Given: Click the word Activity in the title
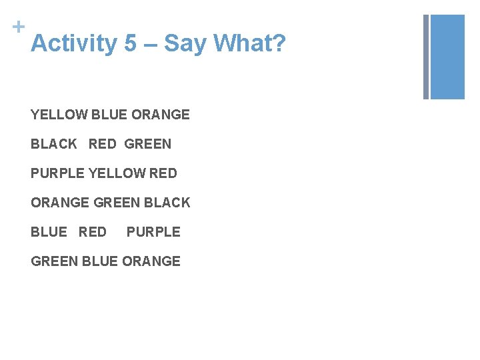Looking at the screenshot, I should pos(74,44).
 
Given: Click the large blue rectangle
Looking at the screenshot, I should pos(447,57).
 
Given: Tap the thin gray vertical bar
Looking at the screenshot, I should pos(426,57).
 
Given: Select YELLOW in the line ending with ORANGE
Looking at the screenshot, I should pos(59,115).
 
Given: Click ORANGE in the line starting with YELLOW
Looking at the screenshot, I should pos(161,115).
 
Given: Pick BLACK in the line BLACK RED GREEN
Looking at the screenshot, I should pos(54,144).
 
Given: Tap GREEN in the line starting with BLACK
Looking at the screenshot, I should pos(148,144).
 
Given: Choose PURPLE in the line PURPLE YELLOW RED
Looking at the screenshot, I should pos(58,173).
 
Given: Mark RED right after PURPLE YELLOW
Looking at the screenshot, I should pos(163,173).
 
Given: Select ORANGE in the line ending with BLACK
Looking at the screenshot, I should pos(60,203).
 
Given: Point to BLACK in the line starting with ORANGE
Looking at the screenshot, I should pos(167,203).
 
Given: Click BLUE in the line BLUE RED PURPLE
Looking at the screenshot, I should pos(49,232).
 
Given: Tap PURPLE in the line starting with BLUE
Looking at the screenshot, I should pos(153,232).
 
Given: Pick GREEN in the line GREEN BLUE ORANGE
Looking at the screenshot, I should pos(55,261).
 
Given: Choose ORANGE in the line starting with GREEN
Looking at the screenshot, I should pos(151,261).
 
